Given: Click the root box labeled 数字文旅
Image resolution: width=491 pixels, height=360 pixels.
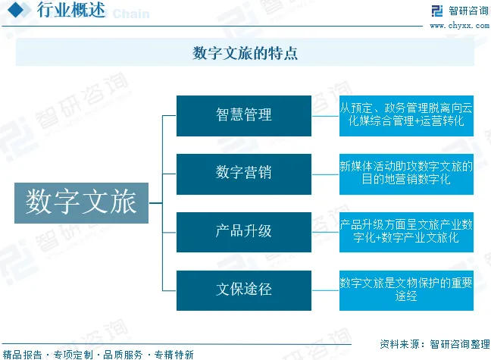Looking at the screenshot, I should [x=81, y=202].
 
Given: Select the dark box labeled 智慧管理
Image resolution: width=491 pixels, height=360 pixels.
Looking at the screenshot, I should [x=243, y=115].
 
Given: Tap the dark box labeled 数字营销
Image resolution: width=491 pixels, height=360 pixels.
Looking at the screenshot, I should [x=243, y=174].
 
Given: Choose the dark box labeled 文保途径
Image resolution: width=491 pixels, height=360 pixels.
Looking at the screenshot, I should [x=243, y=290].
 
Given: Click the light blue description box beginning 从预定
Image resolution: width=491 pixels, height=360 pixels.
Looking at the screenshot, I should [x=406, y=115].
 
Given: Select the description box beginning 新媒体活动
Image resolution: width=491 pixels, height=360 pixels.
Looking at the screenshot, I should [x=406, y=174].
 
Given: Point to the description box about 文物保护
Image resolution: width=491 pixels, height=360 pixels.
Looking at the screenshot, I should [x=406, y=290].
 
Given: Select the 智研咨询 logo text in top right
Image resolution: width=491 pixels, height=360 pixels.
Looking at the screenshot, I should [x=466, y=11].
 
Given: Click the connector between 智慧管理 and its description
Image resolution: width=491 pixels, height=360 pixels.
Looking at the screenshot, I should [x=325, y=115].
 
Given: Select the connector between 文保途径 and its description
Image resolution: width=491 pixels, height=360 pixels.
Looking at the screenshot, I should [x=325, y=290].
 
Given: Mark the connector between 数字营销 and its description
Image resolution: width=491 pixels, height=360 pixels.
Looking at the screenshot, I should [x=325, y=174].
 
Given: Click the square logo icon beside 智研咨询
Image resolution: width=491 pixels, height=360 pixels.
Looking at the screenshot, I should [x=436, y=11].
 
